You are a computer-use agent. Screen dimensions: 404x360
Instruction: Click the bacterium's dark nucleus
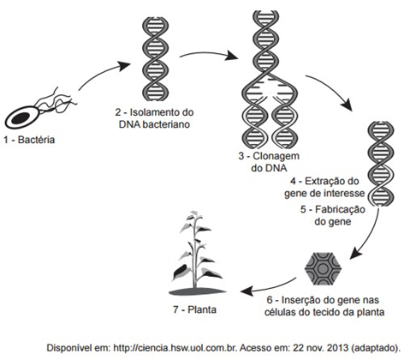click(21, 117)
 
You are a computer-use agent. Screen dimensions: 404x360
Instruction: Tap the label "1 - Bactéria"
click(29, 140)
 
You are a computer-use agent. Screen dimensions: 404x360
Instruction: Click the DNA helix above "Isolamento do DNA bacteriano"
click(155, 58)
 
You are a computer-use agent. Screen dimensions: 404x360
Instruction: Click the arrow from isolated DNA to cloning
click(208, 54)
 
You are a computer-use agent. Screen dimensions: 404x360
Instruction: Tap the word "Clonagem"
click(276, 156)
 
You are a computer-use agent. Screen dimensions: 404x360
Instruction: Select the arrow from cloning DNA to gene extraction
click(331, 90)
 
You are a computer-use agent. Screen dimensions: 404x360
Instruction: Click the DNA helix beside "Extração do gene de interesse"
click(381, 164)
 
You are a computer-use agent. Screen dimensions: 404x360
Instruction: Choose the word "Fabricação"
click(340, 210)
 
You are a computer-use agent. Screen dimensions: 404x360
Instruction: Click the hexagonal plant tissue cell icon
click(323, 268)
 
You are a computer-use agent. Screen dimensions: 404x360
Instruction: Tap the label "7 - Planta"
click(194, 309)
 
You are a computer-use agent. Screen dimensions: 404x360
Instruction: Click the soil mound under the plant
click(198, 291)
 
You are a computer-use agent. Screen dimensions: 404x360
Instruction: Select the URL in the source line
click(175, 348)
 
